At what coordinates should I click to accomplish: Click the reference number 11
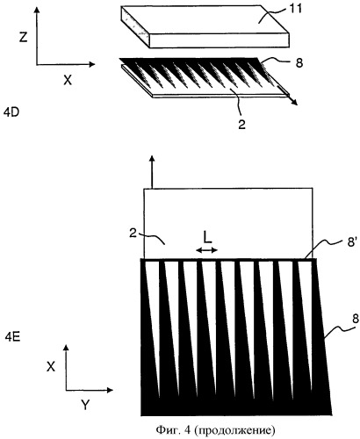[295, 9]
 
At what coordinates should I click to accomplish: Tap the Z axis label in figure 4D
[24, 37]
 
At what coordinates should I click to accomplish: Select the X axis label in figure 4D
[68, 80]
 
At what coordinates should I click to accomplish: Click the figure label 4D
[11, 112]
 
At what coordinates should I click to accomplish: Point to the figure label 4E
[12, 337]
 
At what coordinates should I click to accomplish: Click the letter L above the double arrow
[207, 238]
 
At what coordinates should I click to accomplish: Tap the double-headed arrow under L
[207, 250]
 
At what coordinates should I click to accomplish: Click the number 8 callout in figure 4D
[299, 63]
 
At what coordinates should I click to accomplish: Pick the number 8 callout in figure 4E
[356, 319]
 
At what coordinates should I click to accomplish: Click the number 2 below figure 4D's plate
[241, 124]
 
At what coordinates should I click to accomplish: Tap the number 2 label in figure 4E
[133, 234]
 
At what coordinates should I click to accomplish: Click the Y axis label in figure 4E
[85, 405]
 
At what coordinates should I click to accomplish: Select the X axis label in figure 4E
[51, 366]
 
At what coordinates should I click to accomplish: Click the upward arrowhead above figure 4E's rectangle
[152, 159]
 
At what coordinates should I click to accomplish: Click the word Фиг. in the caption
[168, 429]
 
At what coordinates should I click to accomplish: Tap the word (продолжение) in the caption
[234, 430]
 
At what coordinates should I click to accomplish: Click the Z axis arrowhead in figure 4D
[37, 11]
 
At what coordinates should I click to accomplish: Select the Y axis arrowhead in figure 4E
[110, 390]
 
